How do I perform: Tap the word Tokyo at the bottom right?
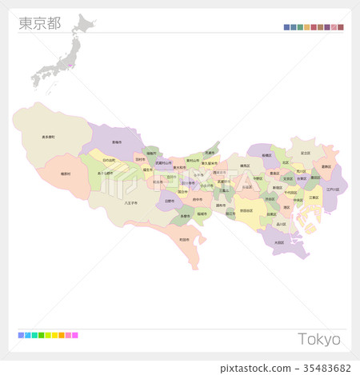(319, 339)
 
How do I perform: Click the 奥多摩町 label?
(49, 138)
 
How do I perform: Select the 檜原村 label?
(65, 174)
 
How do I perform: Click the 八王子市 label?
(131, 203)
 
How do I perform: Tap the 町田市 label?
(185, 238)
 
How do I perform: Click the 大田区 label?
(278, 241)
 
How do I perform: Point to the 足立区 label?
(305, 152)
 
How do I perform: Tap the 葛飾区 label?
(326, 167)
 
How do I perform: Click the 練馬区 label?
(245, 167)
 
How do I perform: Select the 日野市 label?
(169, 201)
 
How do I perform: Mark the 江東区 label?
(313, 197)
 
